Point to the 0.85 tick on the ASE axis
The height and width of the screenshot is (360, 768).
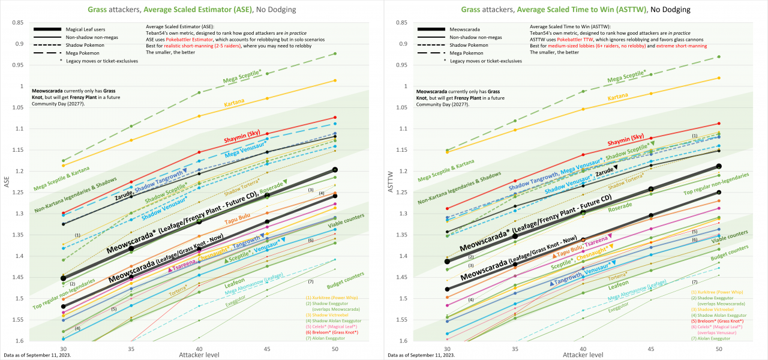(18, 23)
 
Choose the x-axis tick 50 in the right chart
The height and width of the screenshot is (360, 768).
(719, 348)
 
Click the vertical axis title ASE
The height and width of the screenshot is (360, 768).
(7, 182)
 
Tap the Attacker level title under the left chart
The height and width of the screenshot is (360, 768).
(199, 355)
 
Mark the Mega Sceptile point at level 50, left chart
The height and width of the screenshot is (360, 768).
(335, 54)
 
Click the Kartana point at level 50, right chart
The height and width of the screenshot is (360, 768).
(719, 77)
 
